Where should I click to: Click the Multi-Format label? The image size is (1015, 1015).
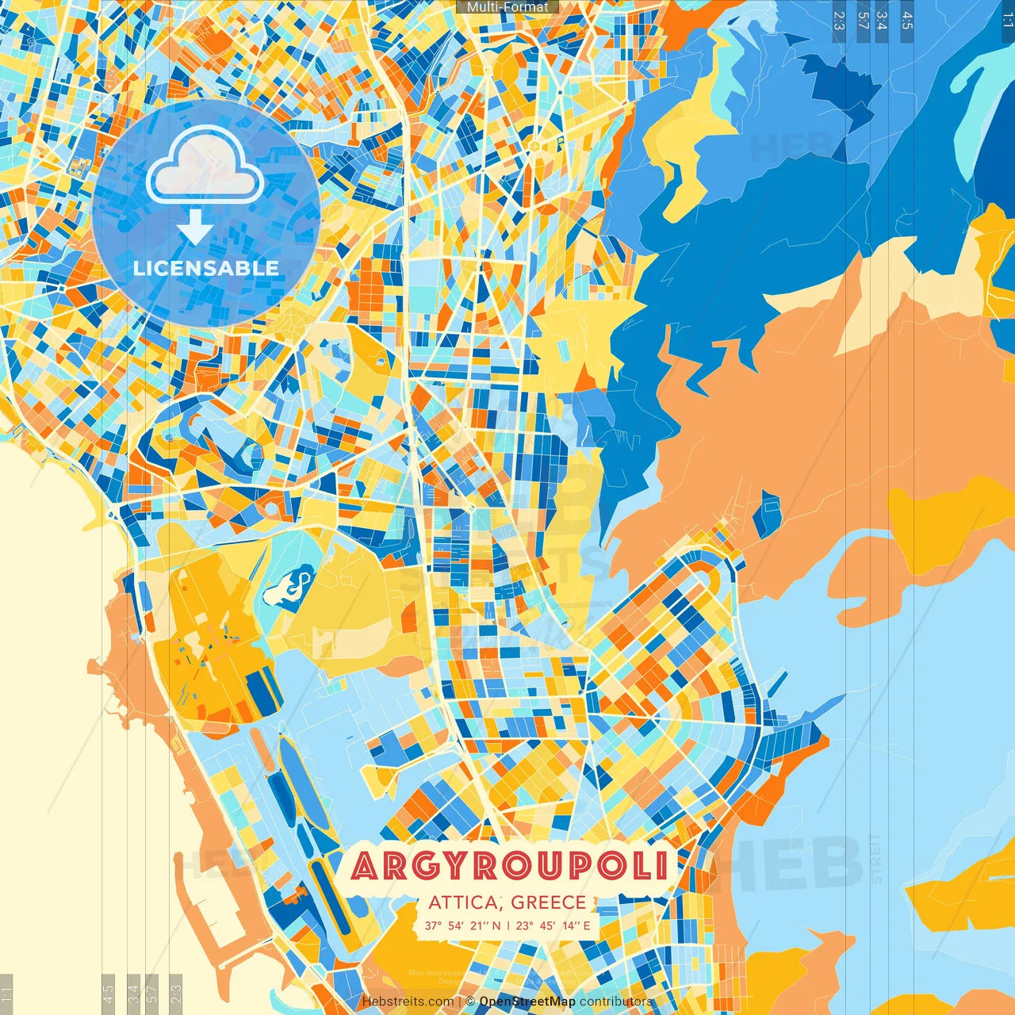point(507,7)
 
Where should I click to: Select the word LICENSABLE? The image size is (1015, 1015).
point(206,268)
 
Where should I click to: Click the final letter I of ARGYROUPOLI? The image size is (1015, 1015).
point(661,867)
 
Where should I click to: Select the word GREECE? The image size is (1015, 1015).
point(549,902)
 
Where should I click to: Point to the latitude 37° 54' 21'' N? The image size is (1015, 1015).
point(462,925)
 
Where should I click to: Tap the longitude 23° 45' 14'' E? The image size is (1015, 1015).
point(553,925)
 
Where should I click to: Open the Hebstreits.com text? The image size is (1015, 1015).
point(408,1002)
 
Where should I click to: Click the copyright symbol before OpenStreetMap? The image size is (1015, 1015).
point(470,1002)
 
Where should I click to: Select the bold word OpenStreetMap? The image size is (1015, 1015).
point(527,1002)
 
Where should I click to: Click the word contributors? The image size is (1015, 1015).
point(616,1002)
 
